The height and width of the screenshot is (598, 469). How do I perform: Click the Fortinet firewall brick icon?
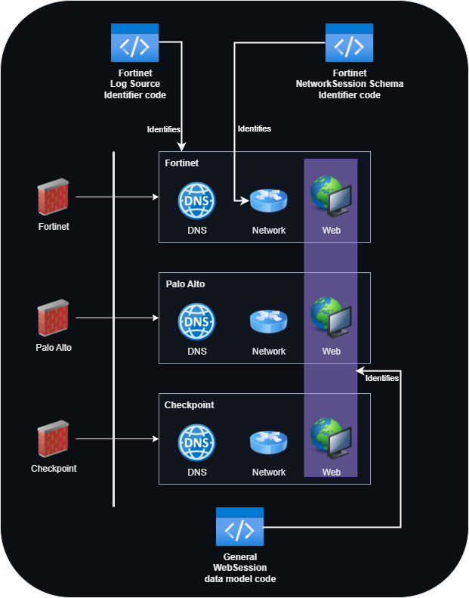[x=53, y=197]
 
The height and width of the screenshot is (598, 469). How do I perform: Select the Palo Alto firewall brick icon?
[x=53, y=319]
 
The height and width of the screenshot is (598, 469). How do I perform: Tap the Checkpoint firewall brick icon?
[x=53, y=440]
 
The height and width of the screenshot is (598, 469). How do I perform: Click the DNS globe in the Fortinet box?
[x=196, y=201]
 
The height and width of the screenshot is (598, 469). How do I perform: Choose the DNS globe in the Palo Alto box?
[x=196, y=321]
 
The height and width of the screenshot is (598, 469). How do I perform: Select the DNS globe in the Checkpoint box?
[x=196, y=442]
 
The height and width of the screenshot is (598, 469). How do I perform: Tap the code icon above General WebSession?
[x=239, y=527]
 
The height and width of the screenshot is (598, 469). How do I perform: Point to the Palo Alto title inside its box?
[x=185, y=284]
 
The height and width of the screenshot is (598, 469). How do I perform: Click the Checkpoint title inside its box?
[x=189, y=405]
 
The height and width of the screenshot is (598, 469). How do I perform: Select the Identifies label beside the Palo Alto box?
[x=381, y=378]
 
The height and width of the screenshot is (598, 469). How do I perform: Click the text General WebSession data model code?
[x=239, y=567]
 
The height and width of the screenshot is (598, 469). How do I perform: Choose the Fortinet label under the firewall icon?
[x=53, y=226]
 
